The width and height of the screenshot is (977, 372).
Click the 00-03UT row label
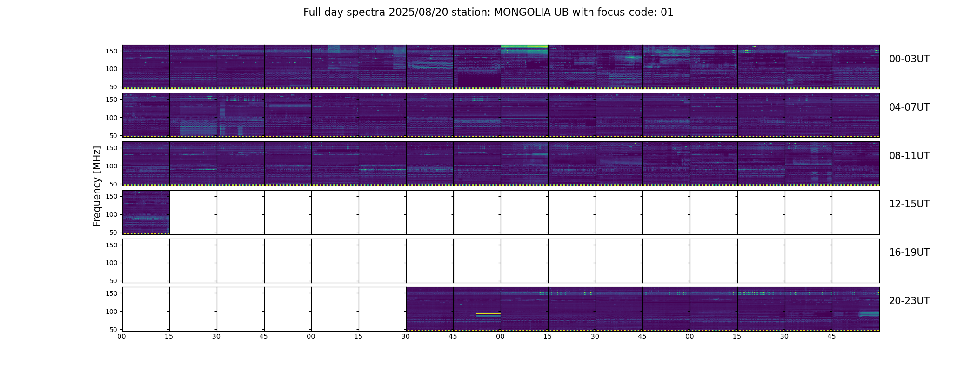pyautogui.click(x=909, y=59)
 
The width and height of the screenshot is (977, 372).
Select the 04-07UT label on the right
pyautogui.click(x=909, y=107)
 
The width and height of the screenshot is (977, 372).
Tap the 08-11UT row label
pyautogui.click(x=909, y=156)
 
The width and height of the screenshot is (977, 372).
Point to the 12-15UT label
pyautogui.click(x=909, y=204)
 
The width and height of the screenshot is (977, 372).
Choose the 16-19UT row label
pyautogui.click(x=909, y=252)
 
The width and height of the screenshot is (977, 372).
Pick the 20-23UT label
pyautogui.click(x=909, y=301)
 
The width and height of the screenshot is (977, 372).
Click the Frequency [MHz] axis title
pyautogui.click(x=97, y=186)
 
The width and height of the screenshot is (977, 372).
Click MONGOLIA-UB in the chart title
pyautogui.click(x=531, y=13)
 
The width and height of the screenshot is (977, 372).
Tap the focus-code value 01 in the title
pyautogui.click(x=667, y=13)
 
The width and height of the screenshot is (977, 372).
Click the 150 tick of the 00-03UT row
pyautogui.click(x=112, y=51)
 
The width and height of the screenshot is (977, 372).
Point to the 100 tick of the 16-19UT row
pyautogui.click(x=112, y=263)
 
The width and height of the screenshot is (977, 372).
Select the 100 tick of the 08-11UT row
pyautogui.click(x=112, y=166)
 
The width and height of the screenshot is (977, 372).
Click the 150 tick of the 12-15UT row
pyautogui.click(x=112, y=197)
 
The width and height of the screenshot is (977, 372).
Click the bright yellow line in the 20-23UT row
pyautogui.click(x=488, y=314)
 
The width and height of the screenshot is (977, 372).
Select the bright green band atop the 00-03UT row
pyautogui.click(x=524, y=46)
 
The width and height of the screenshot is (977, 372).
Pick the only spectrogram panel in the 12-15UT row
pyautogui.click(x=146, y=212)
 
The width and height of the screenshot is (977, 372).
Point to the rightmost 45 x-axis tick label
pyautogui.click(x=831, y=336)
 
